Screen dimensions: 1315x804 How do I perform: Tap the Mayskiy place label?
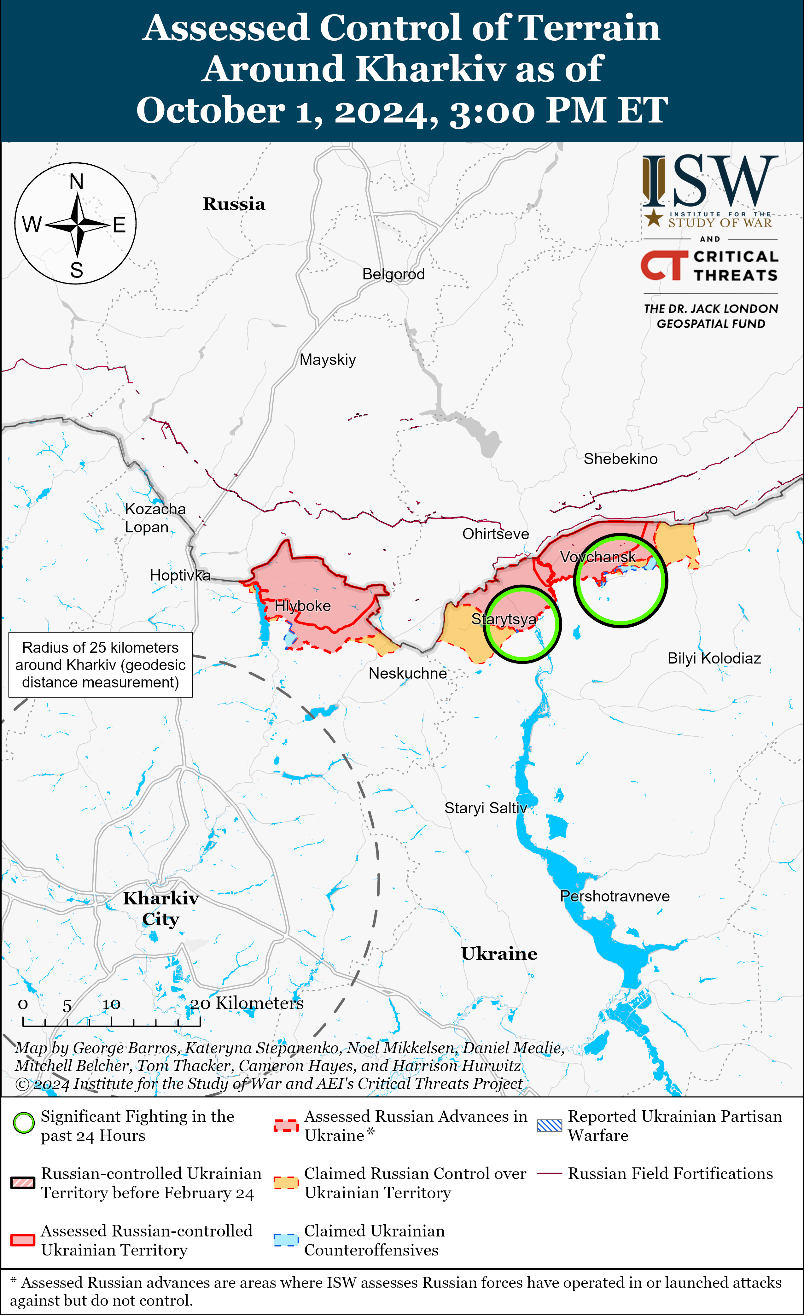point(328,360)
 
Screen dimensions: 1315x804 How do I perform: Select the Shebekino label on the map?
point(620,459)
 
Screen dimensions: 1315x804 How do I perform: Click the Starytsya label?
point(504,619)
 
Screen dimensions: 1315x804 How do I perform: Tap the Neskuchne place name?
point(408,674)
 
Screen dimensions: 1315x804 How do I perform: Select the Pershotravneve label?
point(615,896)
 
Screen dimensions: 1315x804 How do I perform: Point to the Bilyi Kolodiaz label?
point(714,658)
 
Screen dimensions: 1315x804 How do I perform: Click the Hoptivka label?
point(180,575)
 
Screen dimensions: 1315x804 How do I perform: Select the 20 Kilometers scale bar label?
point(247,1003)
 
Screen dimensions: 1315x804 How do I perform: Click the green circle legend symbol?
point(23,1123)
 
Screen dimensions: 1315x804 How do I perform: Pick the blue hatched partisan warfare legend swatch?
point(550,1125)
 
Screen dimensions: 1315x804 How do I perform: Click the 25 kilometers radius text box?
point(100,665)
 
